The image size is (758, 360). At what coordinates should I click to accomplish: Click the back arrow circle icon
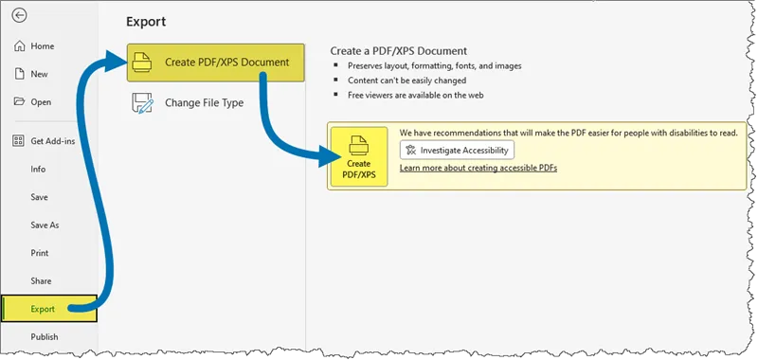(x=20, y=16)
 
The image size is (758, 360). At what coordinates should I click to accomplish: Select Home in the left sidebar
(x=42, y=46)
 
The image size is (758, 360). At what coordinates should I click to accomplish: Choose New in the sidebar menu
(x=39, y=74)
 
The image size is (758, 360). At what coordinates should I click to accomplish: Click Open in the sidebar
(x=41, y=101)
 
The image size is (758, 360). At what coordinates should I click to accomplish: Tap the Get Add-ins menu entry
(x=53, y=141)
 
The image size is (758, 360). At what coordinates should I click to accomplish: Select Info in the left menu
(x=38, y=170)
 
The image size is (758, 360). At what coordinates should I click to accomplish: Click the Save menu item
(x=39, y=197)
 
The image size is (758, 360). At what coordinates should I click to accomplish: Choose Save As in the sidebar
(x=45, y=225)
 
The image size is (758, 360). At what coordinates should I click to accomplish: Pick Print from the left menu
(x=40, y=253)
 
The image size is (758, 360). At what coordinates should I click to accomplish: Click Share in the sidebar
(x=41, y=281)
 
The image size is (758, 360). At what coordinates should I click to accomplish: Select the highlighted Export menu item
(x=44, y=309)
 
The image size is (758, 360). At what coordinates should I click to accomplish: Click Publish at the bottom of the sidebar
(x=44, y=336)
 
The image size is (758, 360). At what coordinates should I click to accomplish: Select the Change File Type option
(x=204, y=102)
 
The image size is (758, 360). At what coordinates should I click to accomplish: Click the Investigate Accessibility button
(x=457, y=150)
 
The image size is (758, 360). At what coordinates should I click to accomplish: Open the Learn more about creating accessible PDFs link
(x=478, y=168)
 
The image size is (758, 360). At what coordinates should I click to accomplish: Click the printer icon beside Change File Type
(x=141, y=103)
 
